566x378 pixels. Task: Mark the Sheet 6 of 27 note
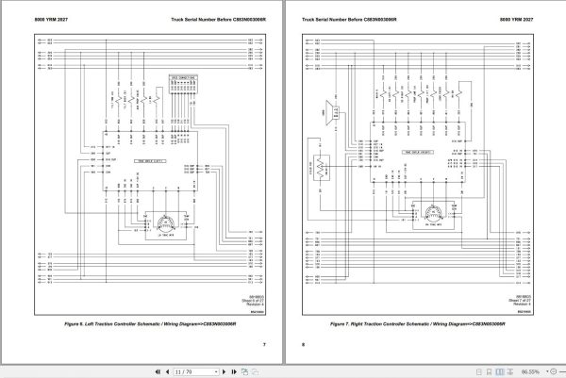(x=246, y=299)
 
